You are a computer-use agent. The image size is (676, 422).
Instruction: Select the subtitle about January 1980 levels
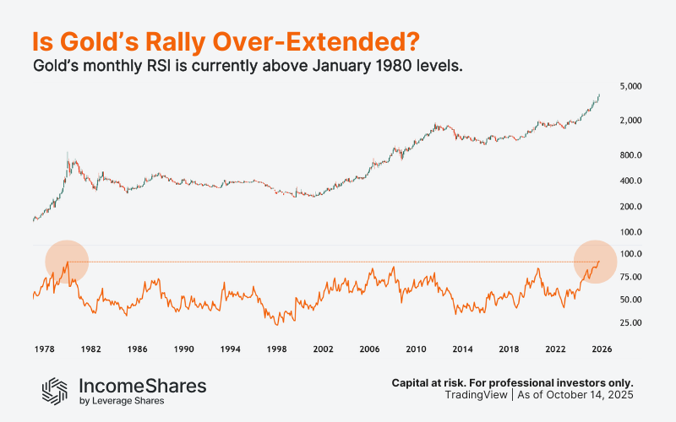[247, 67]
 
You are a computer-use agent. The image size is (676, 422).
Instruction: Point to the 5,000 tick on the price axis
[632, 87]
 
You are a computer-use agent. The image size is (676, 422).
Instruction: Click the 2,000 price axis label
[632, 121]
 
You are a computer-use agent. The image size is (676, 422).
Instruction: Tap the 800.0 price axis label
[632, 155]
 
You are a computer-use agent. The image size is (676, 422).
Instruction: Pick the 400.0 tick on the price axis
[632, 181]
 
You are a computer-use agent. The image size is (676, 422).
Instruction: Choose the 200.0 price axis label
[632, 207]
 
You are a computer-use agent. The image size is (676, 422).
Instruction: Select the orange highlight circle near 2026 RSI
[597, 262]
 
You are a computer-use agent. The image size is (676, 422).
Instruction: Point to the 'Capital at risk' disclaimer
[512, 382]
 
